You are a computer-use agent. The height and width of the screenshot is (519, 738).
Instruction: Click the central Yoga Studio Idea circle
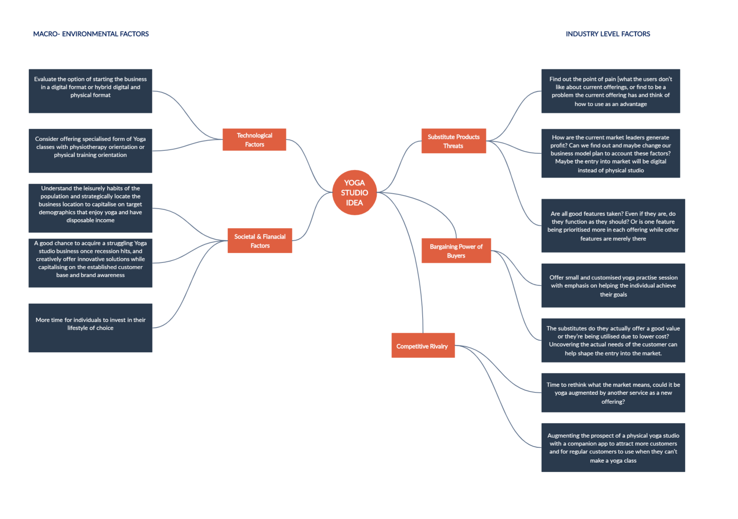354,192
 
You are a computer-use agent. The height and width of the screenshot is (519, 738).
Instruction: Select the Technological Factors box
254,140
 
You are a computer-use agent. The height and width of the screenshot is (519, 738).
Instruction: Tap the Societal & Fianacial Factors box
260,241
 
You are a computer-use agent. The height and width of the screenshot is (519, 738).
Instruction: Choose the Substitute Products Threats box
453,141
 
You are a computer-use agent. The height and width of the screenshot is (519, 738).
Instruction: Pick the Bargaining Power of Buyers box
456,251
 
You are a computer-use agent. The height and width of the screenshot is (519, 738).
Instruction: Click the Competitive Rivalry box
423,346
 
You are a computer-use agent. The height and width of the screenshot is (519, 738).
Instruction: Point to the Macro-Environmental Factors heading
91,34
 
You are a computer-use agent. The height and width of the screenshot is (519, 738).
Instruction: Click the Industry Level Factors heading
607,34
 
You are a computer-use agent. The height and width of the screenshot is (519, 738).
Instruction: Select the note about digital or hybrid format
91,91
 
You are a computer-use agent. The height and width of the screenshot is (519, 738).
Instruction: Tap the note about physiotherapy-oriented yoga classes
91,151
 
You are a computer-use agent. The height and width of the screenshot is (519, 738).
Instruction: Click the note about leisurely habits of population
91,208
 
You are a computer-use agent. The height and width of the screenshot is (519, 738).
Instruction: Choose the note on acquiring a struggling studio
91,263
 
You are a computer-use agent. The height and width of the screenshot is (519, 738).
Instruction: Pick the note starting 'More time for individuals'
91,328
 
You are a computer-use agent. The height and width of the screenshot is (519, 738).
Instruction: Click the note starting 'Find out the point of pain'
610,91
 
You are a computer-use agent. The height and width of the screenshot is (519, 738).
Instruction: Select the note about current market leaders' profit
610,153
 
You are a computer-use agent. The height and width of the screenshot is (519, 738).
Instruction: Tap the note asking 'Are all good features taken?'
613,225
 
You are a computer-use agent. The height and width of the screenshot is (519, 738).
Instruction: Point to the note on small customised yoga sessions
613,286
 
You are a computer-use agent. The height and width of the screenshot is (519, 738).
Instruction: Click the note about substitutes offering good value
613,340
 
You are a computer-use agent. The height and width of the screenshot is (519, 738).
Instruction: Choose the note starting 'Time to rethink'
613,392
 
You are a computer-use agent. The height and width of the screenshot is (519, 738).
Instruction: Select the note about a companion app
613,447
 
